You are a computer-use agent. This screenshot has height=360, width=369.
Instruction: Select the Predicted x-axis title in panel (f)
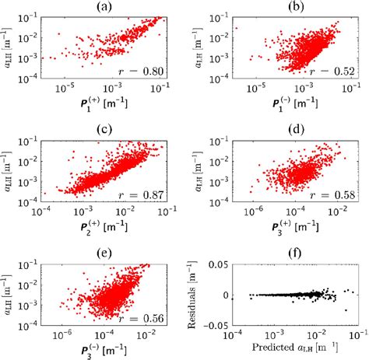coord(293,354)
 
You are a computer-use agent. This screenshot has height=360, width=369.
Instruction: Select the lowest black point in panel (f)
coord(346,310)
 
